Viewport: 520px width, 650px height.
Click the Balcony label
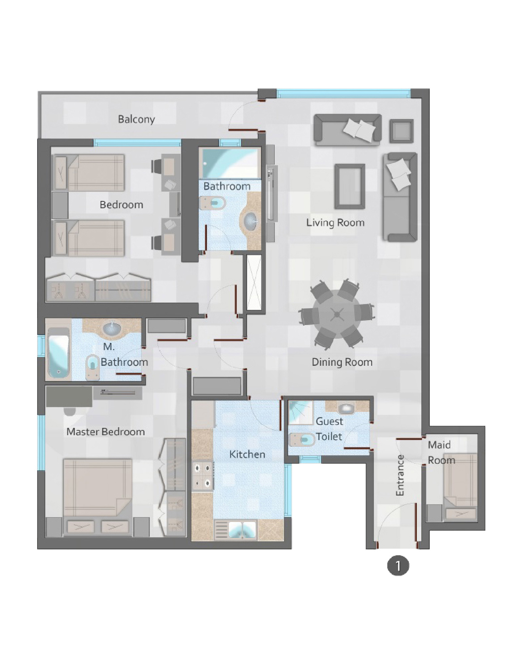point(136,119)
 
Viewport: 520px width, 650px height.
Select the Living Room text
point(335,222)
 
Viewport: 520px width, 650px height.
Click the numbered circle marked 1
point(398,566)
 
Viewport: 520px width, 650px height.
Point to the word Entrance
point(400,475)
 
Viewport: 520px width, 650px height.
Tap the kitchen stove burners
point(202,475)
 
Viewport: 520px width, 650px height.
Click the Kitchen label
point(247,454)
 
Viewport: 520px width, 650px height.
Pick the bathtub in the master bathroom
point(58,352)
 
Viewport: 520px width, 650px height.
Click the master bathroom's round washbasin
point(111,328)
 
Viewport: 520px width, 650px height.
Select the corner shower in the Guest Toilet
point(301,413)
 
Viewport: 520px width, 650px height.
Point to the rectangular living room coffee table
point(350,186)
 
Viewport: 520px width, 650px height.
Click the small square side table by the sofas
point(401,131)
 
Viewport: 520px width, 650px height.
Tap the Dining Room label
point(342,362)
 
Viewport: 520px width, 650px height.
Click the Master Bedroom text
point(106,432)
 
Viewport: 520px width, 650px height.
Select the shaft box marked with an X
point(254,282)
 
